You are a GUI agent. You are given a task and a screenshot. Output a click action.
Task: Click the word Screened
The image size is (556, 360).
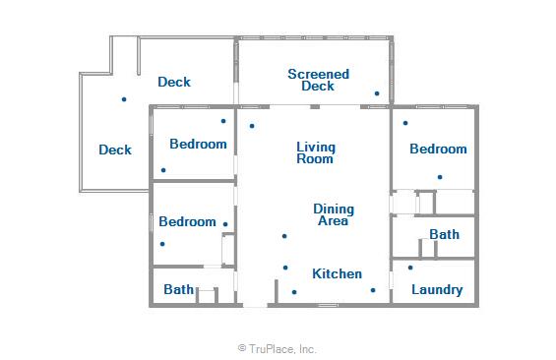coord(319,74)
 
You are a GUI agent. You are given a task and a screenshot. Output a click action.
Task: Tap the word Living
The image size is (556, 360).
coord(316,148)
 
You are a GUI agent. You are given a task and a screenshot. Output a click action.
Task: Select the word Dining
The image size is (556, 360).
coord(334,210)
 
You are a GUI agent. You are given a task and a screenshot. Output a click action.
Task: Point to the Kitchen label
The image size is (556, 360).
coord(337,273)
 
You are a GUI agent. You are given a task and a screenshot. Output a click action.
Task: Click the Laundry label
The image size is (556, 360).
coord(437,290)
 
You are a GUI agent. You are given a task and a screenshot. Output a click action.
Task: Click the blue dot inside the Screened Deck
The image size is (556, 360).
coord(377,93)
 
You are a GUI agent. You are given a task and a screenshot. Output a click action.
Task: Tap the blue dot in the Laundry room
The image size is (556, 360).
coord(410,268)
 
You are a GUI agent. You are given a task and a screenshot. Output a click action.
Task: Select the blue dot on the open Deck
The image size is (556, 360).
coord(124,99)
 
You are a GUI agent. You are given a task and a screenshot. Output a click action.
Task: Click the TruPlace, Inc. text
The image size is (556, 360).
coord(281,349)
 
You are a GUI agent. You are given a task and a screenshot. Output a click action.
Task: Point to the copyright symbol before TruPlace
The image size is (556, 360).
coord(242,348)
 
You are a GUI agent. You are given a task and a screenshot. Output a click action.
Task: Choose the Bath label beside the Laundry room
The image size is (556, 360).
coord(444,234)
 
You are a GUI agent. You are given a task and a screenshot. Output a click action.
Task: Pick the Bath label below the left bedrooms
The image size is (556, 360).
coord(178,289)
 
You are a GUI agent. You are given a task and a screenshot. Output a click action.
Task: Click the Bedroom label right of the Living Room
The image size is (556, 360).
coord(438,149)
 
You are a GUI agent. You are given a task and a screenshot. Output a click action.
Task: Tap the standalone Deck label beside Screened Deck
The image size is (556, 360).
coord(174,82)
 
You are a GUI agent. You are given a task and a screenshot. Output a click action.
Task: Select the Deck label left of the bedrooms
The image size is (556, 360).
coord(115,150)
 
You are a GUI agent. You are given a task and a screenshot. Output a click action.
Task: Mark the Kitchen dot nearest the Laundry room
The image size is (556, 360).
coord(373,290)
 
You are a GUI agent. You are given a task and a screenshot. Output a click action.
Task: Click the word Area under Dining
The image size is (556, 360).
coord(333,220)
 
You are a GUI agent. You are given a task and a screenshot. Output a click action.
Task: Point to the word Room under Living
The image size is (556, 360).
coord(315,158)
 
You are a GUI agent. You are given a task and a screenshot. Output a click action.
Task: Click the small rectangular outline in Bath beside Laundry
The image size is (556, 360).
coord(428,248)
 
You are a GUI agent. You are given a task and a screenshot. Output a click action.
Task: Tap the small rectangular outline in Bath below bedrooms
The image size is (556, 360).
coord(207,295)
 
